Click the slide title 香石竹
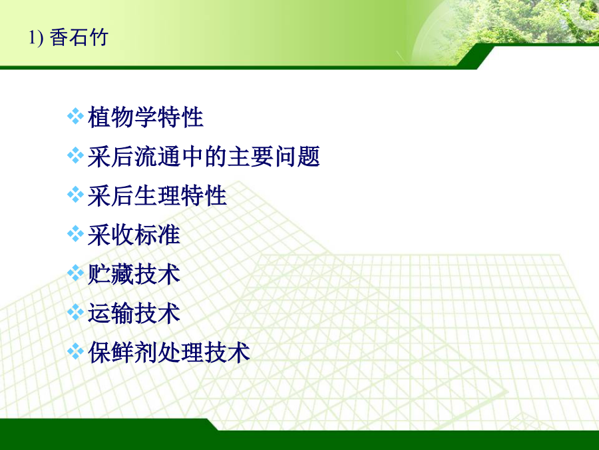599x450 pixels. click(x=79, y=37)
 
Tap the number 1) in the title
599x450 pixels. click(x=36, y=38)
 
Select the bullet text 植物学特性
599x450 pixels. click(x=146, y=117)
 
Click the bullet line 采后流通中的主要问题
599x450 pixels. click(x=204, y=157)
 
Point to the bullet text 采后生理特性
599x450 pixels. click(x=157, y=196)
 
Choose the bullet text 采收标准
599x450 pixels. click(x=134, y=235)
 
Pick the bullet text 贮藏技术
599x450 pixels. click(x=134, y=274)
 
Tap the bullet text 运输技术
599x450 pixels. click(x=134, y=313)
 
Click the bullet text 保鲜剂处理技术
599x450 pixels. click(x=169, y=353)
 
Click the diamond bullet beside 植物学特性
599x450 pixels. click(x=75, y=116)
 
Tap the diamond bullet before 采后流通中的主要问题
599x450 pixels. click(x=75, y=155)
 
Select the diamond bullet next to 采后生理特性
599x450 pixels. click(x=75, y=195)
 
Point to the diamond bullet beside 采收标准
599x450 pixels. click(x=75, y=234)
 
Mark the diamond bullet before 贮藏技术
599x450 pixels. click(x=75, y=273)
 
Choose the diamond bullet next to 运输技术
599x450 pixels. click(x=75, y=312)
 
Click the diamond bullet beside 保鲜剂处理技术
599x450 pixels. click(x=75, y=351)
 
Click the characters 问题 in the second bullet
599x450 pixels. click(x=297, y=157)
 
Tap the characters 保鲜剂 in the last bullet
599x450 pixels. click(x=122, y=353)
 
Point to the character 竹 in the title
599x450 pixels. click(x=99, y=37)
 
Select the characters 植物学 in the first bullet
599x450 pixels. click(x=122, y=117)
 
